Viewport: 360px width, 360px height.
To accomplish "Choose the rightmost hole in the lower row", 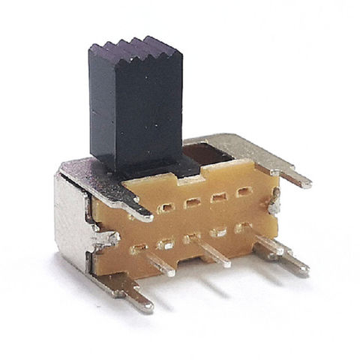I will pos(242,226).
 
